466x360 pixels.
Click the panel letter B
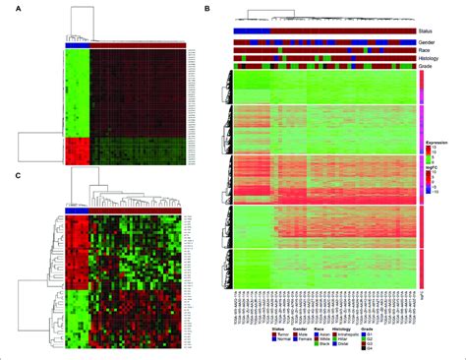204,10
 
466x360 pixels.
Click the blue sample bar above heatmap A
77,44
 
